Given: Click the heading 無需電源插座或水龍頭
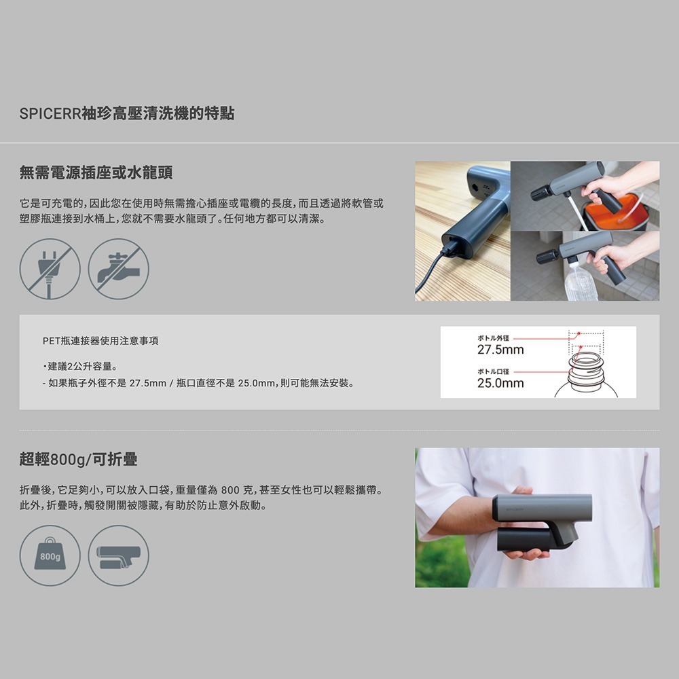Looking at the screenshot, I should tap(96, 172).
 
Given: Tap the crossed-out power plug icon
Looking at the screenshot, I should tap(50, 269).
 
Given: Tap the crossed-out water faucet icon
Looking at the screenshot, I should tap(118, 269).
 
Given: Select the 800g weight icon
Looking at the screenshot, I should tap(50, 555).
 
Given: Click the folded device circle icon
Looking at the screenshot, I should tap(118, 555).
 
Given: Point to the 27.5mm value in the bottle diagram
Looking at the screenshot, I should tap(500, 350).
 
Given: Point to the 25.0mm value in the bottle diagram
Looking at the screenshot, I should tap(500, 384).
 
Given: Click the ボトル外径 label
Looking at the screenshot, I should tap(493, 337).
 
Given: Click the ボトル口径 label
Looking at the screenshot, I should tap(493, 371).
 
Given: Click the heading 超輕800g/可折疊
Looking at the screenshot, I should tap(78, 460).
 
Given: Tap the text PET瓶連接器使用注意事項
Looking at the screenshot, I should tap(100, 341).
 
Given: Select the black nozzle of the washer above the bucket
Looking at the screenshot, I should tap(542, 192).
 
